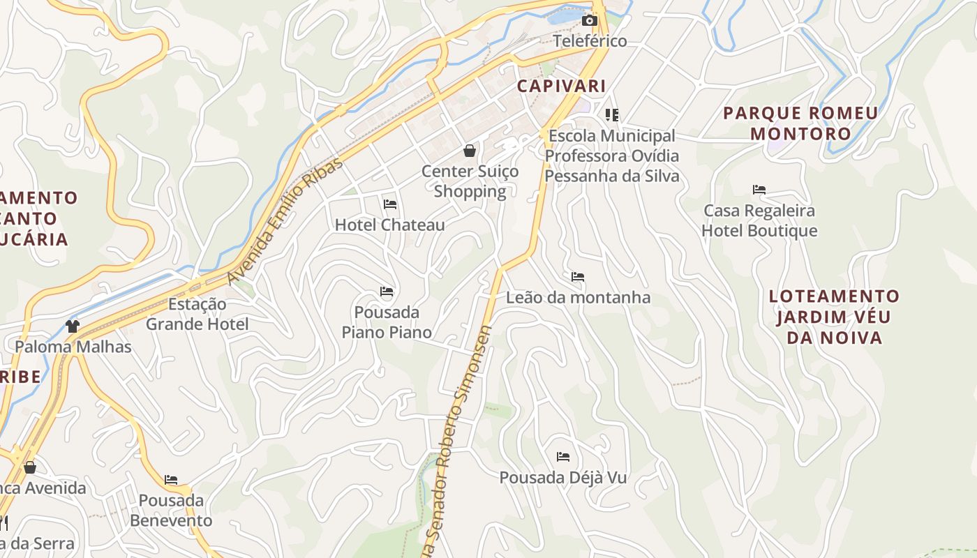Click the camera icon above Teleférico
[590, 20]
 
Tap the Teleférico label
[590, 41]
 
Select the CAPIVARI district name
[561, 86]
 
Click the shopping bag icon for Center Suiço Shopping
[470, 151]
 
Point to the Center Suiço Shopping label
[470, 181]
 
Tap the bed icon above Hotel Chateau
[390, 204]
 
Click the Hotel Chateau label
[390, 225]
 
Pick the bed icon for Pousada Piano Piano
[387, 291]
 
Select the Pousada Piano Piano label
[387, 322]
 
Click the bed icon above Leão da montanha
[578, 277]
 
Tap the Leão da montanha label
[578, 298]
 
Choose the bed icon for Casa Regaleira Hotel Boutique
[759, 190]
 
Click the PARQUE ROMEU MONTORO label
[800, 123]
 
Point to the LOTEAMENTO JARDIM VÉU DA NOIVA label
[834, 317]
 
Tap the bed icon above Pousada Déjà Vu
[563, 458]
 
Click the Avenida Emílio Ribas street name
[285, 220]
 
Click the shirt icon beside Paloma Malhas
[73, 326]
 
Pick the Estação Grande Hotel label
[197, 314]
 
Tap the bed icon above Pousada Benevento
[171, 480]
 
